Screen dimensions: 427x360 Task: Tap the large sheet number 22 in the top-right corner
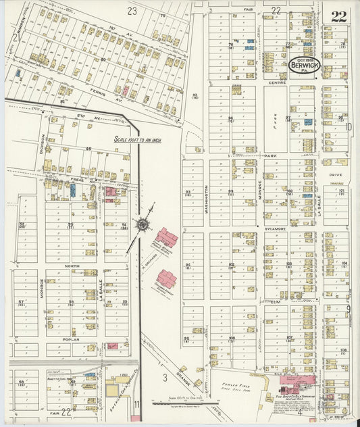click(338, 16)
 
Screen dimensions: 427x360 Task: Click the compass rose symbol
click(143, 223)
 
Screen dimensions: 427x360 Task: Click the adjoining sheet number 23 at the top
click(132, 10)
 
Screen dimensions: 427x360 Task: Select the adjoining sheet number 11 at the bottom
click(136, 404)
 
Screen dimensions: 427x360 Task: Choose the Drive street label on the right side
click(336, 174)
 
